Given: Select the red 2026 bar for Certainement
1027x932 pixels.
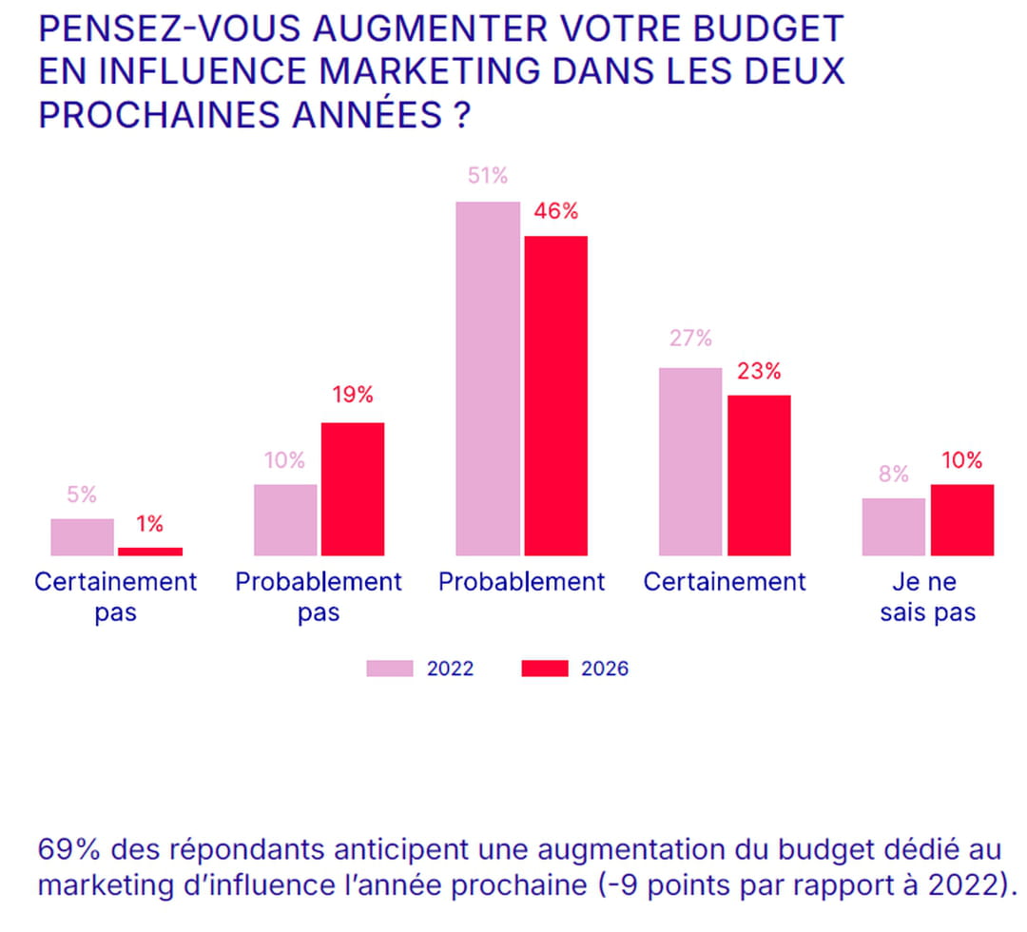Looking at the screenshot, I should tap(759, 475).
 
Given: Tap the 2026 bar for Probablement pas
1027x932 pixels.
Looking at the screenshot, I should tap(353, 489).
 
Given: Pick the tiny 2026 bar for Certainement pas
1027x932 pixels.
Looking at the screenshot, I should tap(150, 551).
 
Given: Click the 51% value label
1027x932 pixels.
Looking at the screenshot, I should tap(488, 176).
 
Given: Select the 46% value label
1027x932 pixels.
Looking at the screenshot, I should tap(556, 211).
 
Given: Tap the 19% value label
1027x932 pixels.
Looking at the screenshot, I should tap(353, 396).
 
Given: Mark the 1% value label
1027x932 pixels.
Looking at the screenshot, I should tap(149, 524).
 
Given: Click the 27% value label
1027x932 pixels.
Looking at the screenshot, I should tap(690, 339).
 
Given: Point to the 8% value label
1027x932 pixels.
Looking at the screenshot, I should tap(894, 474).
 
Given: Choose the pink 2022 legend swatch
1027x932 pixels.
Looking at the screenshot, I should tap(390, 669).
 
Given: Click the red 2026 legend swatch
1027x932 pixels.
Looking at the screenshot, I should tap(544, 669).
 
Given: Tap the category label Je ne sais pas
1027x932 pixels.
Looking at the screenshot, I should tap(927, 596).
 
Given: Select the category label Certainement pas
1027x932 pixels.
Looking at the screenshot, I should tap(116, 596).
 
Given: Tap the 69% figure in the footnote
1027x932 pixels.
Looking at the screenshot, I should tap(59, 847).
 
